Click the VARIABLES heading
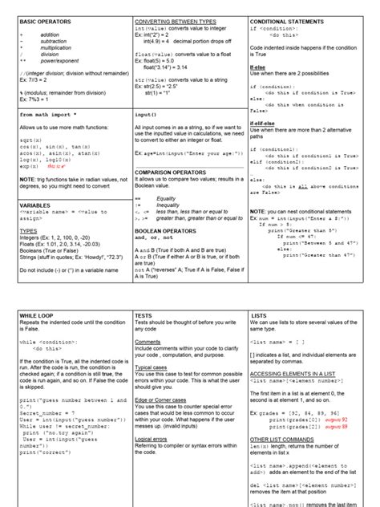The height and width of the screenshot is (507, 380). tap(36, 205)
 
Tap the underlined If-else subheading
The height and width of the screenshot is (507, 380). tap(258, 68)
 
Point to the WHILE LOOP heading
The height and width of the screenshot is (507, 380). tap(39, 316)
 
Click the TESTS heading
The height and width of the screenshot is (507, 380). tap(145, 316)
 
